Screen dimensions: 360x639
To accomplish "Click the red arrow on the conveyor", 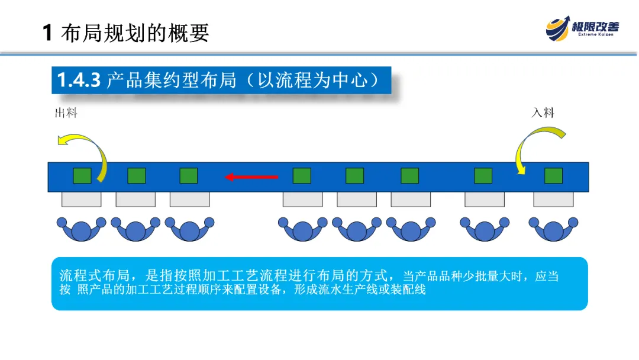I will click(251, 176).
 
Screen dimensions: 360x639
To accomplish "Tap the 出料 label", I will click(66, 113).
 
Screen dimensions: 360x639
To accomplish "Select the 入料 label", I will click(543, 112).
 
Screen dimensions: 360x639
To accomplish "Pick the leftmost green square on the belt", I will click(82, 176).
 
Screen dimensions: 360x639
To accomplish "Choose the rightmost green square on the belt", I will click(553, 176).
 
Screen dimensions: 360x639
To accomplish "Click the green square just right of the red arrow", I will click(302, 176).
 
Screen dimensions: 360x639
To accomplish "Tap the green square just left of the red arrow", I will click(189, 176).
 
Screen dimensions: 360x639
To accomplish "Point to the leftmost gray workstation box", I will click(81, 200).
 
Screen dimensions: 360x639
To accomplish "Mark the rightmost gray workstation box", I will click(553, 200).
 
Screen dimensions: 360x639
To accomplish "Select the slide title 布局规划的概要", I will click(135, 32).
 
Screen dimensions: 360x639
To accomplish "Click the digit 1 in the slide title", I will click(48, 33).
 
